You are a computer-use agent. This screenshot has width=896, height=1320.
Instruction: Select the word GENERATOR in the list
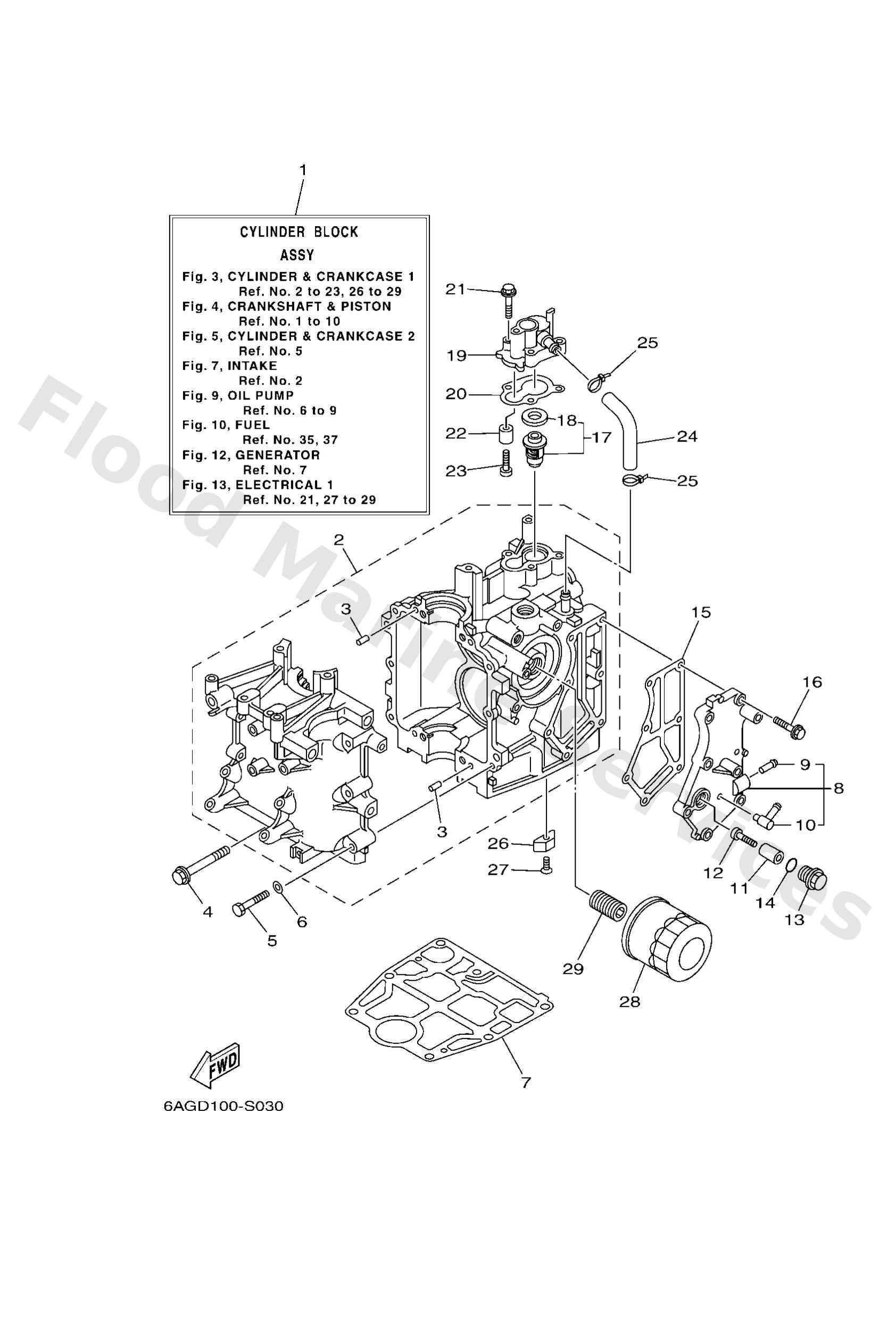pos(278,455)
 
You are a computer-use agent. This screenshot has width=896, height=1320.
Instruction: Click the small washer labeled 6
pos(277,886)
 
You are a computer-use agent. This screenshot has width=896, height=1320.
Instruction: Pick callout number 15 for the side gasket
pos(701,612)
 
